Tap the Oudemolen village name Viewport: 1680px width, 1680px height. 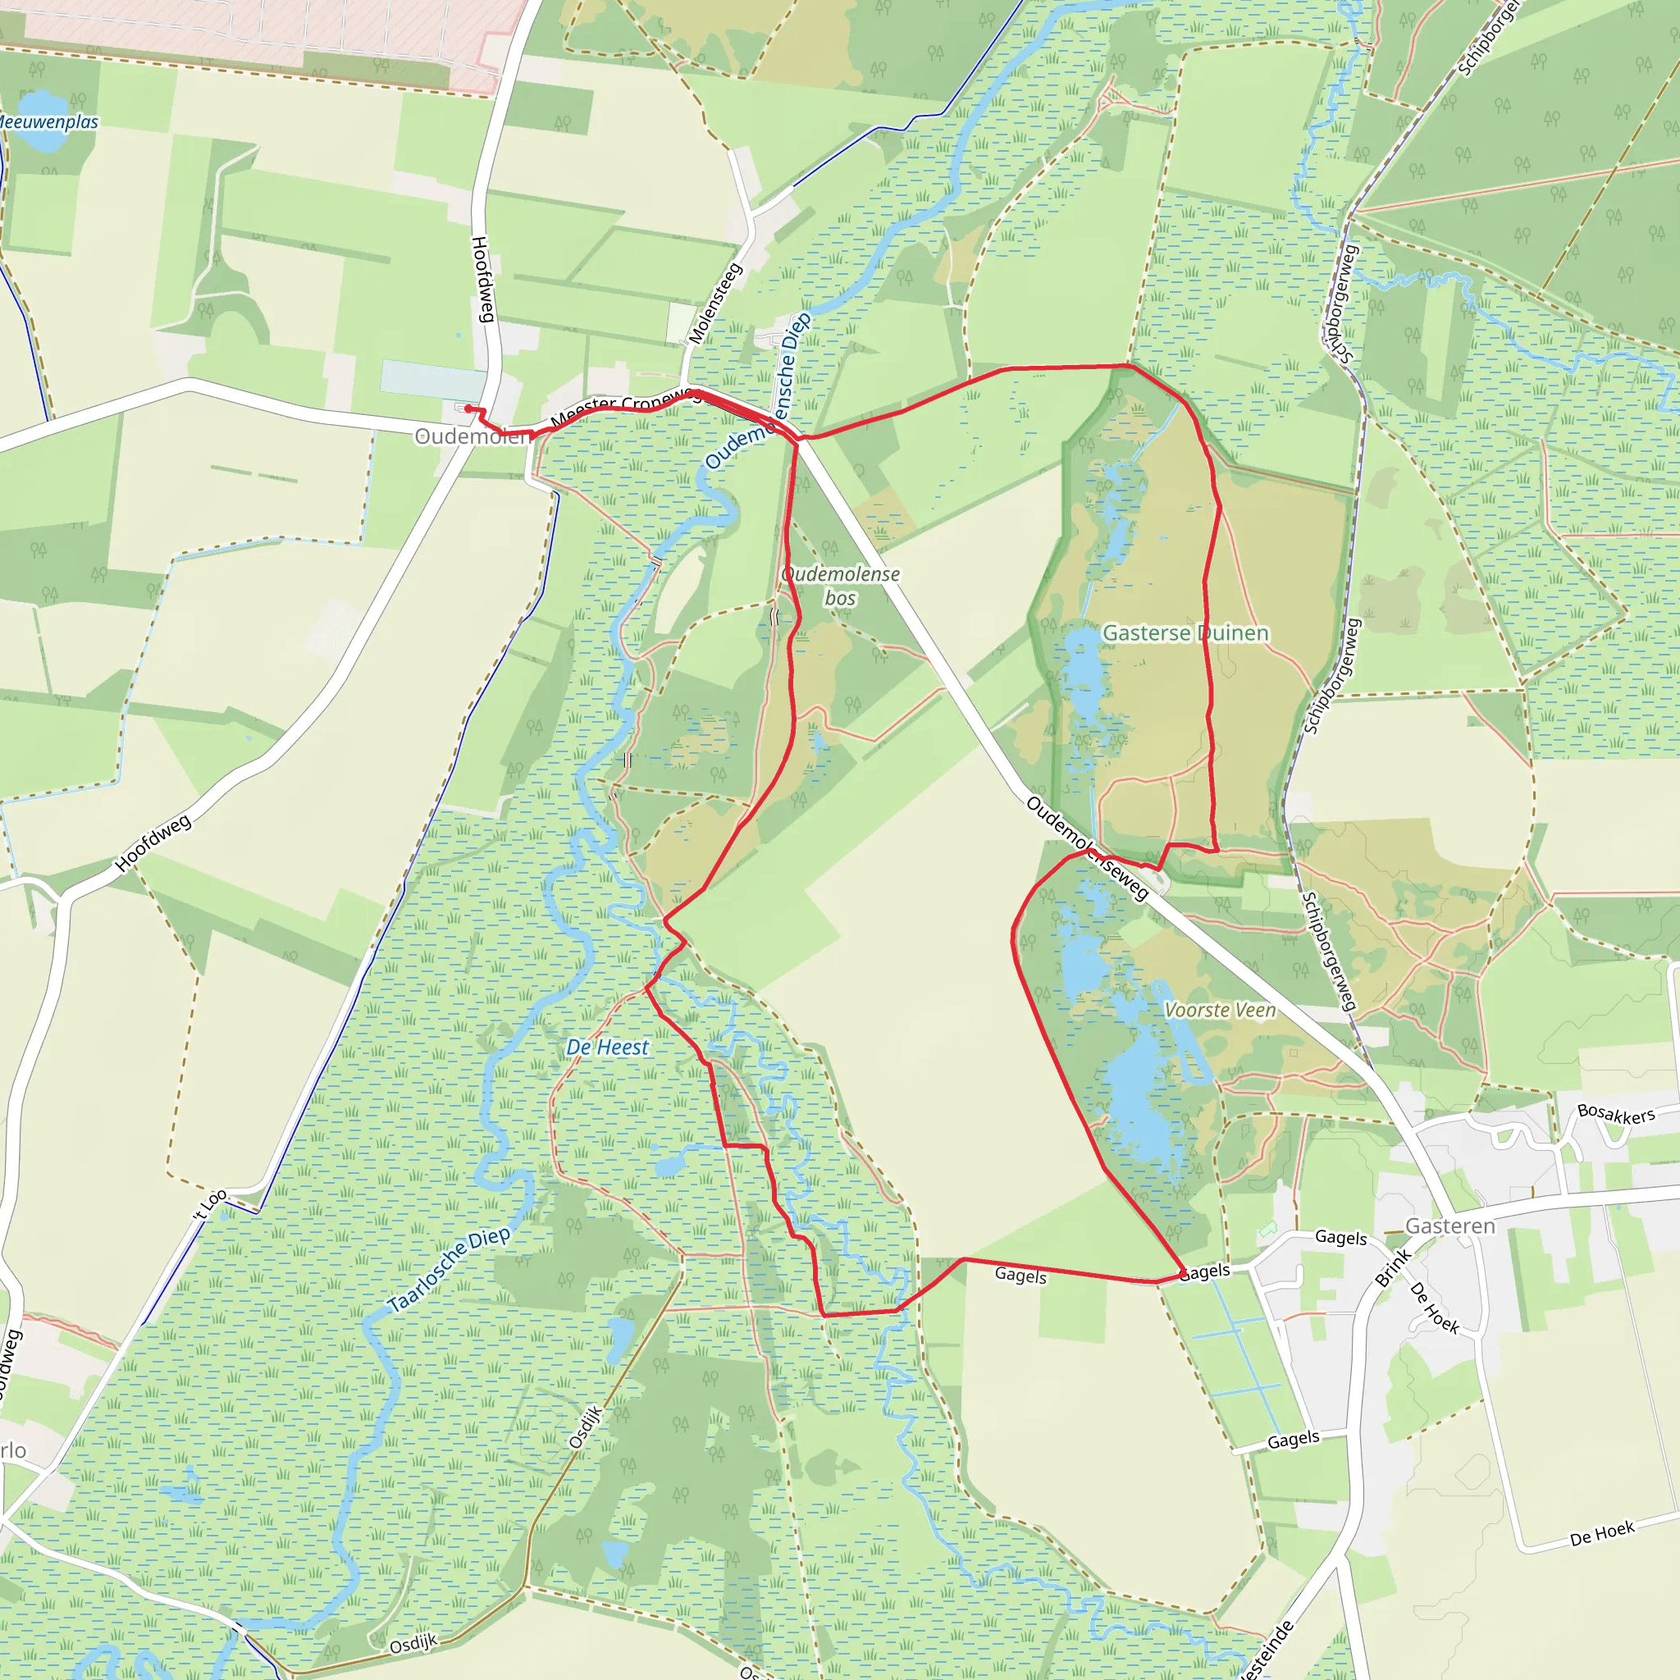[472, 436]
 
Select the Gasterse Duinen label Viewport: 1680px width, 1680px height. [1185, 633]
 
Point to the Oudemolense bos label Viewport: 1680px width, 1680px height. [840, 586]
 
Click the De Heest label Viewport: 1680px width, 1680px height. [607, 1048]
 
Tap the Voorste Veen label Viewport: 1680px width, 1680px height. [1220, 1011]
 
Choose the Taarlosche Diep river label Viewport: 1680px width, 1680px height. [449, 1271]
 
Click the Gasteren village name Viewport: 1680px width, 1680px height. [1450, 1226]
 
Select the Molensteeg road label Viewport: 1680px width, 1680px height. [715, 303]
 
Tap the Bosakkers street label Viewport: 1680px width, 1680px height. [1616, 1114]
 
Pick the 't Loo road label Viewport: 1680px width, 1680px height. [211, 1203]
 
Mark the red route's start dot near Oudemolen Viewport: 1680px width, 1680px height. [468, 409]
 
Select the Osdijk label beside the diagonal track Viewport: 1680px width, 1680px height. [586, 1427]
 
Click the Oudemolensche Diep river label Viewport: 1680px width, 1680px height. [758, 391]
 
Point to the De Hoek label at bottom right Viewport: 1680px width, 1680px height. [1602, 1533]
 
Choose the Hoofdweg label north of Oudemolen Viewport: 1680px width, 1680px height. [482, 279]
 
